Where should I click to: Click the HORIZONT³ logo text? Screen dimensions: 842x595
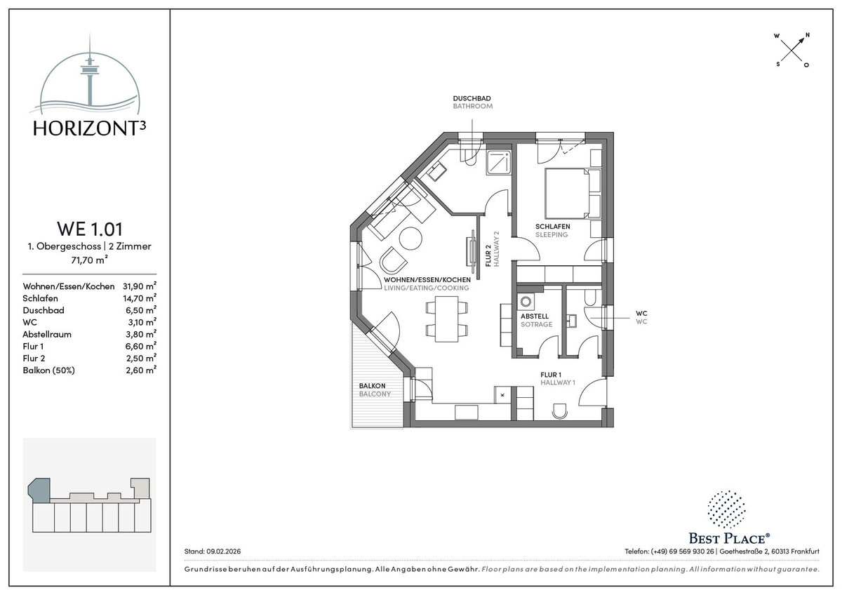point(89,128)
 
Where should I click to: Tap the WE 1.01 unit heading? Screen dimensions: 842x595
point(90,229)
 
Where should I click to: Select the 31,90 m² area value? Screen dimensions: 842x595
point(140,286)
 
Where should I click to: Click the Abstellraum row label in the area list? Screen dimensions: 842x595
point(47,334)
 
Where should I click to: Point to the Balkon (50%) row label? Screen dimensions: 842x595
point(49,370)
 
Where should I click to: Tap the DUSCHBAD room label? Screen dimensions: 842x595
point(472,98)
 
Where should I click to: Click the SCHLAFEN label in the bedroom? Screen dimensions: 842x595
point(553,226)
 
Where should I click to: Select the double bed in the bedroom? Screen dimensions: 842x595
point(573,193)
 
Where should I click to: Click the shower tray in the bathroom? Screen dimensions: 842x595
point(499,162)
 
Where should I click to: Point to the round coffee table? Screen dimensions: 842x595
point(410,239)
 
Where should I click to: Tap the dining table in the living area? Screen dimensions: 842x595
point(446,319)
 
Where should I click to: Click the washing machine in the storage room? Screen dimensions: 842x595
point(526,302)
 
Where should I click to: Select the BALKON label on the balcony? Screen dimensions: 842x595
point(372,386)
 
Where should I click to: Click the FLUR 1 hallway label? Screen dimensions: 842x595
point(551,375)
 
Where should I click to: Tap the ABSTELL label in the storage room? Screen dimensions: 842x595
point(535,316)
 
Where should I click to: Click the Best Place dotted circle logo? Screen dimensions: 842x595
point(727,509)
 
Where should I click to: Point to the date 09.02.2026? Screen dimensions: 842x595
point(224,551)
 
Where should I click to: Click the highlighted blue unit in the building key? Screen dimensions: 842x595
point(39,490)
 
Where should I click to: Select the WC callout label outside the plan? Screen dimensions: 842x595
point(641,314)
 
